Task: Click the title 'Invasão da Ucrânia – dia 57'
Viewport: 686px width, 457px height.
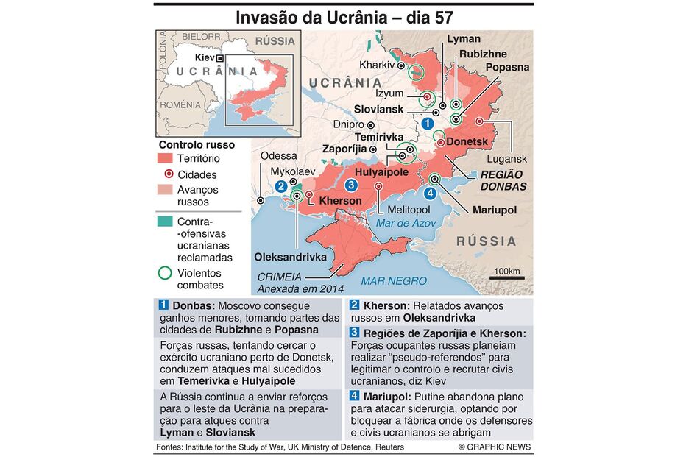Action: (x=344, y=17)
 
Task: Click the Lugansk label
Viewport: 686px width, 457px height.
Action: (x=507, y=159)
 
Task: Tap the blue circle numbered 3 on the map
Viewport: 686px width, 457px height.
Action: (x=352, y=185)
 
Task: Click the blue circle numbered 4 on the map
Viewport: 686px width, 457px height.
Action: (x=430, y=193)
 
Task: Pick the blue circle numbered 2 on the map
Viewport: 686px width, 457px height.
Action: (x=281, y=187)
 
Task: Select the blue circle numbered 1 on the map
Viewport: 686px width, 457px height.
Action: (x=428, y=124)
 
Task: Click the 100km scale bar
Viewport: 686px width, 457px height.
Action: (x=506, y=277)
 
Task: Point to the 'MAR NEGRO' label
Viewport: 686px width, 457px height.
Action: (x=393, y=280)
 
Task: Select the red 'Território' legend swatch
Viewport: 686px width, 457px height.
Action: (x=166, y=158)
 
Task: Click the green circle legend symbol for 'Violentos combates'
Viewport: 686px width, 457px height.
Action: (x=166, y=274)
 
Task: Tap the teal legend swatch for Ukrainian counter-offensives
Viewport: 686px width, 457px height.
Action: (x=166, y=221)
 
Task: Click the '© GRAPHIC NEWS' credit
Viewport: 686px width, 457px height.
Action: (x=494, y=447)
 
